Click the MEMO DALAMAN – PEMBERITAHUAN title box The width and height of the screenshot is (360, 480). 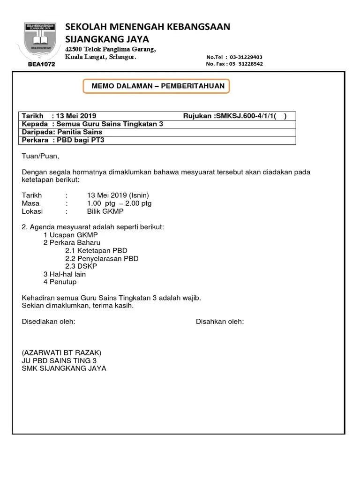coord(157,86)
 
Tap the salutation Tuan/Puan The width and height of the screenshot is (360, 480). coord(41,156)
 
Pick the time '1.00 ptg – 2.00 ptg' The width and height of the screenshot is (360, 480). coord(119,203)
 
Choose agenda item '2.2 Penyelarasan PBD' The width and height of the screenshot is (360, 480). coord(102,258)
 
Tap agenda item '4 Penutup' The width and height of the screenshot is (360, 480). coord(60,282)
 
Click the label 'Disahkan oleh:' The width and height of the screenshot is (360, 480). coord(219,322)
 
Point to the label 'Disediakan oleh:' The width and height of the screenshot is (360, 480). coord(49,322)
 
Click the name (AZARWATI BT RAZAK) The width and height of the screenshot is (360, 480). coord(61,352)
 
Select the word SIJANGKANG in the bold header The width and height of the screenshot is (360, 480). coord(91,39)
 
